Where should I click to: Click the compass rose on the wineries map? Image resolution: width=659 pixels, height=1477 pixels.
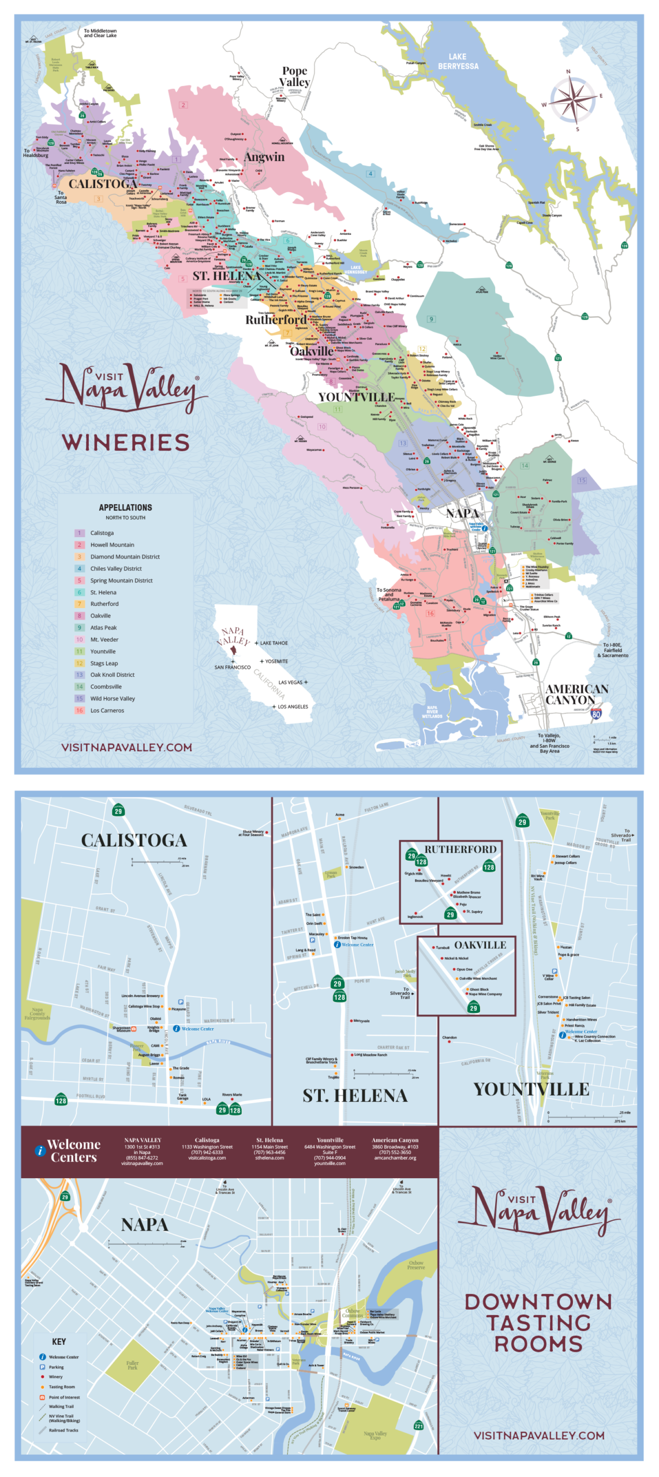pos(572,100)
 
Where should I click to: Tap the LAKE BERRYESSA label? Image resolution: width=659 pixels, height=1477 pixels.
pos(458,62)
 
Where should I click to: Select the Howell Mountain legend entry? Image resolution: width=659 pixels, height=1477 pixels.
pos(112,545)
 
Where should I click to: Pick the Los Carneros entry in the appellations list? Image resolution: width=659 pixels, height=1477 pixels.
pos(107,710)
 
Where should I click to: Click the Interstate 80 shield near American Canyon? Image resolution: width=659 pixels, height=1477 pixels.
pos(596,714)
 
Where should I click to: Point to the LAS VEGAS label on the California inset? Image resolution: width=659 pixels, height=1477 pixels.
pos(290,682)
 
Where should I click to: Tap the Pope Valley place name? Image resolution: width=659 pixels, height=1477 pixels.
pos(294,76)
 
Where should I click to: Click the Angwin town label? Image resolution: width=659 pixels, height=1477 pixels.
pos(264,157)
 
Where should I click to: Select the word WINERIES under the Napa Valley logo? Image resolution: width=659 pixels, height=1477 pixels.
pos(126,443)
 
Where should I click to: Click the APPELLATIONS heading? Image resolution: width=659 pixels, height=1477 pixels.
pos(125,508)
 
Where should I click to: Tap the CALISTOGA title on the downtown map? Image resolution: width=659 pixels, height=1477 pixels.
pos(134,841)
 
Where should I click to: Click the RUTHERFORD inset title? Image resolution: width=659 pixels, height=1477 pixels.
pos(460,849)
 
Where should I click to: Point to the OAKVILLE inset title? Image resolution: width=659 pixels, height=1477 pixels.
pos(480,945)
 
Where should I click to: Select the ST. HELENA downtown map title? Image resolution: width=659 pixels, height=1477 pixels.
pos(355,1096)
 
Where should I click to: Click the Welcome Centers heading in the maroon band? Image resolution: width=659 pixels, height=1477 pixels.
pos(74,1151)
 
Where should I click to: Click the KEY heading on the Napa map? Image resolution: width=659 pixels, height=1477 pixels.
pos(59,1342)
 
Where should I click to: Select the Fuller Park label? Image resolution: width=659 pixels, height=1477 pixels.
pos(132,1365)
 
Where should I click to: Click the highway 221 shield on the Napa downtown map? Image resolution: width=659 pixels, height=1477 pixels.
pos(418,1426)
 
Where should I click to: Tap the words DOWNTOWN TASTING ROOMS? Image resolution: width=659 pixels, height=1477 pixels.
pos(538,1323)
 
